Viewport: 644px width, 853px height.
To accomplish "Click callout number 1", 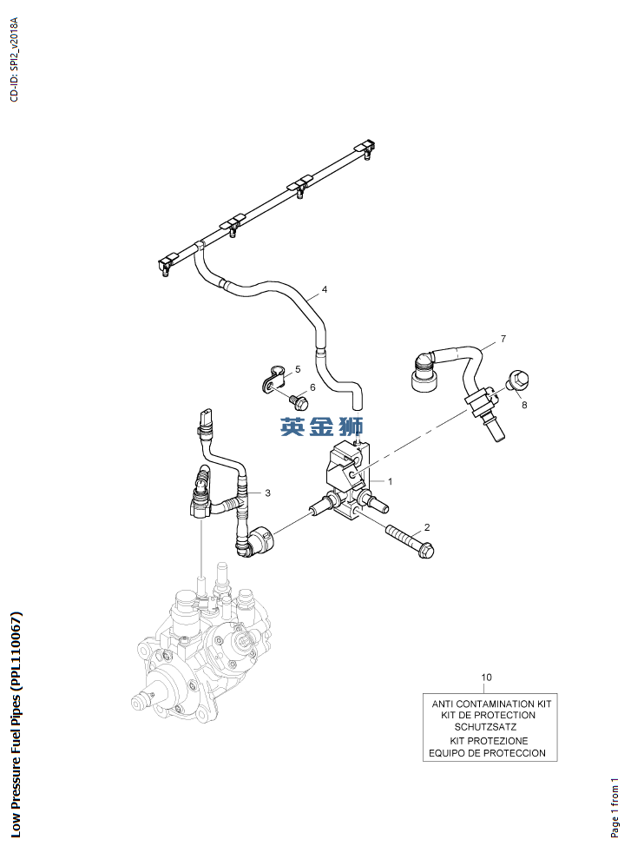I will (x=391, y=480).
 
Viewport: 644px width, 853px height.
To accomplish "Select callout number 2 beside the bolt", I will (x=426, y=527).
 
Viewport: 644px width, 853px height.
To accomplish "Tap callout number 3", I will (x=267, y=493).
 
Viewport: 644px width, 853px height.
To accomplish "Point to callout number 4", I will (x=325, y=289).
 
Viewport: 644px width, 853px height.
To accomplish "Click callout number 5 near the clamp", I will (x=297, y=370).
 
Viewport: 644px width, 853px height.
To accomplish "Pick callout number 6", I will (x=312, y=387).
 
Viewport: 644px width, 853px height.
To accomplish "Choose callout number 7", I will (x=503, y=338).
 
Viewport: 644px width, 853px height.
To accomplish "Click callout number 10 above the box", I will (x=486, y=677).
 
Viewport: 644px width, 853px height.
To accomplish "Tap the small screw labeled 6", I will (x=299, y=401).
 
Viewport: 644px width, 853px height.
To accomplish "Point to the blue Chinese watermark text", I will (x=322, y=426).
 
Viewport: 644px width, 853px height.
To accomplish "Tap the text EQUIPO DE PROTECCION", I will (x=487, y=753).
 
